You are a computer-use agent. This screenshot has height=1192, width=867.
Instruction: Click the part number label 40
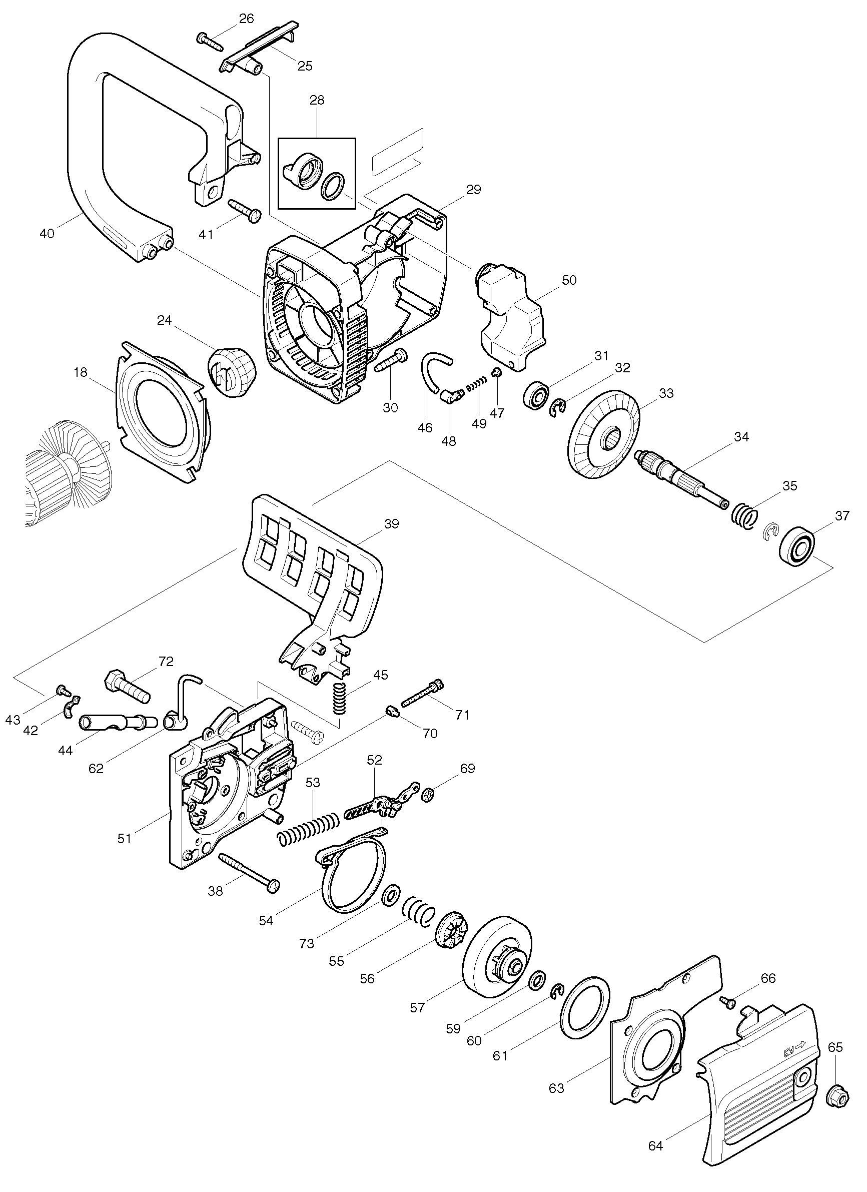click(47, 234)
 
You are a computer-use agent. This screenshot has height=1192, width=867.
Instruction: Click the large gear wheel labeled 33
click(604, 433)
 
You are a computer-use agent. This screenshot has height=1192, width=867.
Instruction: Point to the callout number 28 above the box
click(317, 100)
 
